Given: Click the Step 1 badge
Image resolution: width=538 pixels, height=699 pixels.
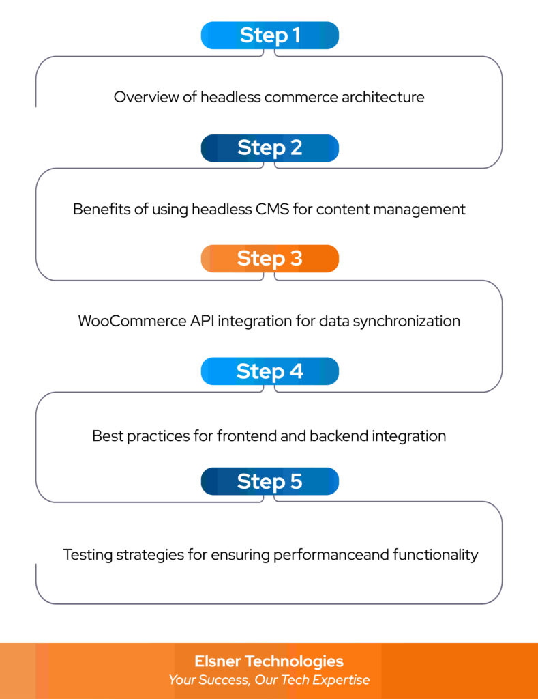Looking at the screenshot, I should pos(269,35).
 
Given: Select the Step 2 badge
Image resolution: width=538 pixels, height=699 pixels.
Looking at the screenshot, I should pos(269,147).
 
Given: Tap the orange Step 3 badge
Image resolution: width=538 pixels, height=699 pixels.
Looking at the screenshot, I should pos(269,259).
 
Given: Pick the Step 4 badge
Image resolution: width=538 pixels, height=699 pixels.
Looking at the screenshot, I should pos(269,371).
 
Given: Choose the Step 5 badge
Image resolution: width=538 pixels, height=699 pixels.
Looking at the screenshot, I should pos(269,481).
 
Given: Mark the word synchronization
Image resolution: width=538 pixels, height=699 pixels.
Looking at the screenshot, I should pos(406,321).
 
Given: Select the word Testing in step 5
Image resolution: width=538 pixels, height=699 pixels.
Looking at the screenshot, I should pos(87,554).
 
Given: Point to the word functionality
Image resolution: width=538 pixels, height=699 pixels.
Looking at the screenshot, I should pos(436,554).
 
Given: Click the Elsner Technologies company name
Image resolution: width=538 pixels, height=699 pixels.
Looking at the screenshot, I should pos(269,661).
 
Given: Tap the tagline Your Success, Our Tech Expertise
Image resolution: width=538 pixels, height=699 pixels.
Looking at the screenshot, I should pos(269,680).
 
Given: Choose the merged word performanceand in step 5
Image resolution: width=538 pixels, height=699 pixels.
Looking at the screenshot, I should pos(331,554).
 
